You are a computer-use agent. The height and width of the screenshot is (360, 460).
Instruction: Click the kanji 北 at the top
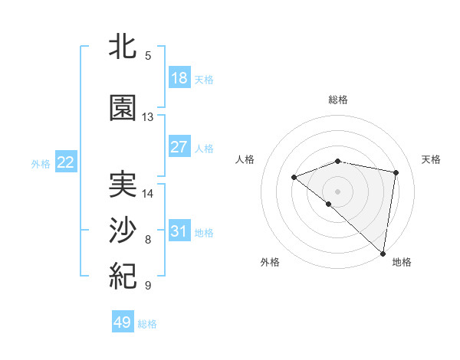coord(123,47)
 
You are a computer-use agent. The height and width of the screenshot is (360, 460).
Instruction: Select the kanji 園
coord(123,108)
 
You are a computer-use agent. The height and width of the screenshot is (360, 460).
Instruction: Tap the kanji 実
coord(123,185)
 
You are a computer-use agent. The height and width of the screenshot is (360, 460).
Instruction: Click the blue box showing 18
coord(179,78)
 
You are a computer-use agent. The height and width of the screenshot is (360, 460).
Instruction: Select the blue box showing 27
coord(179,147)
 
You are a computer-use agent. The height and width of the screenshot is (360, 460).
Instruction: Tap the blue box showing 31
coord(179,231)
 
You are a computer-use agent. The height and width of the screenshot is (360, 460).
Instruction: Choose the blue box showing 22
coord(66,162)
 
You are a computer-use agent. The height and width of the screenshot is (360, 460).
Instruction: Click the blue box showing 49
coord(123,322)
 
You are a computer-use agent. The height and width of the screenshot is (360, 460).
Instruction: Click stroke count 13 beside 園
coord(148,117)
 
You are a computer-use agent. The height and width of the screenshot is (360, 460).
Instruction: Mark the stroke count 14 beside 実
coord(148,194)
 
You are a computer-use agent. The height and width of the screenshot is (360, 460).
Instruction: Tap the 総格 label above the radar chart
coord(338,100)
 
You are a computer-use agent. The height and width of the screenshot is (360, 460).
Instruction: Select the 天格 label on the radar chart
coord(431,159)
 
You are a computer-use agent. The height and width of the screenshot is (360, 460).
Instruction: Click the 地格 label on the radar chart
coord(402,262)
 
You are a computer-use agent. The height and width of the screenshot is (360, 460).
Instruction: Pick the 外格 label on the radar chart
coord(270,262)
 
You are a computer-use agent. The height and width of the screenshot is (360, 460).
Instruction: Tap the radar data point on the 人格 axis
coord(294,178)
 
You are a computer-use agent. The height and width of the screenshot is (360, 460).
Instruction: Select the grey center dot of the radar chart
coord(337,191)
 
